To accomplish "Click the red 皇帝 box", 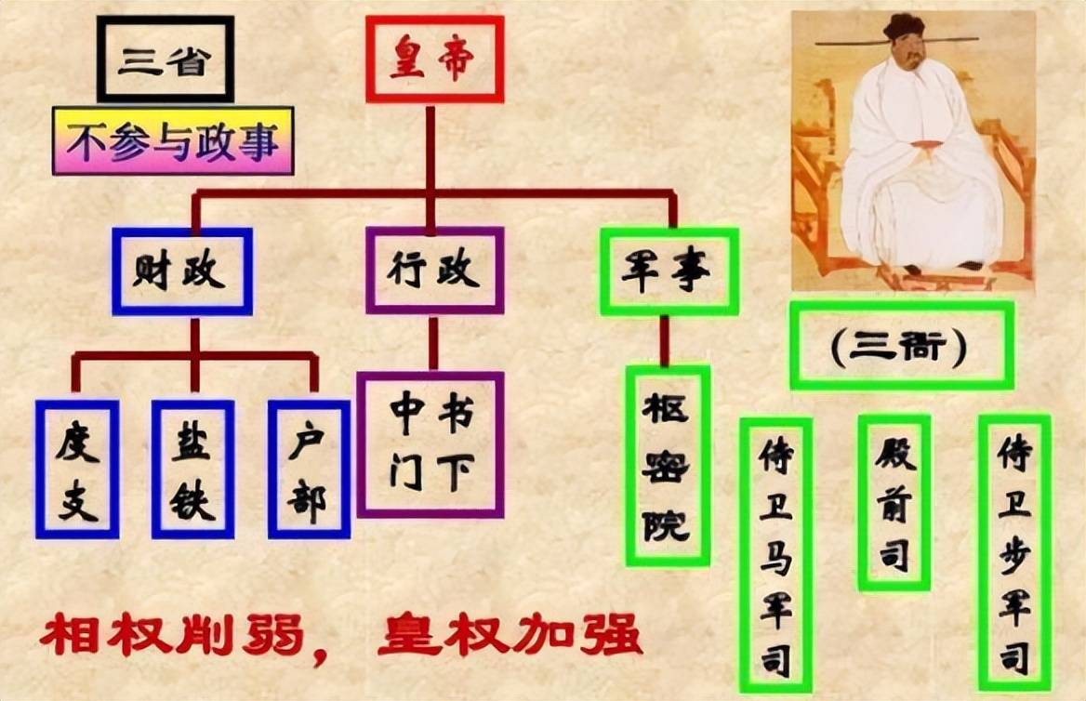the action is [434, 60].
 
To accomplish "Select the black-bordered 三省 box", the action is [165, 60].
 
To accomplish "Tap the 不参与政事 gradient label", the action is [173, 140].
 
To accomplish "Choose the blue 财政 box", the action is [182, 271].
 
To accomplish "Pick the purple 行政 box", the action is [435, 271].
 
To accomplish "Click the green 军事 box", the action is [669, 271].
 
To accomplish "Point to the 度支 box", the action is [77, 469].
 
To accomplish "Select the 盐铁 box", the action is [193, 469].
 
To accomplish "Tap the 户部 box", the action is [309, 469].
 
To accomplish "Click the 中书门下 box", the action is [430, 444].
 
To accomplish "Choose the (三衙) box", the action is [902, 345].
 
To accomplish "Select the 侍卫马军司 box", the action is [775, 555].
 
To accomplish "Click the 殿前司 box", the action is [894, 503].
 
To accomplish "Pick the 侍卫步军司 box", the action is [1014, 553].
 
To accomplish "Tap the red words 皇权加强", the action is [510, 634].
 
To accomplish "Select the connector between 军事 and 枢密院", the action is [664, 341].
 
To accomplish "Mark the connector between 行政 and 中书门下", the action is [433, 343].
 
